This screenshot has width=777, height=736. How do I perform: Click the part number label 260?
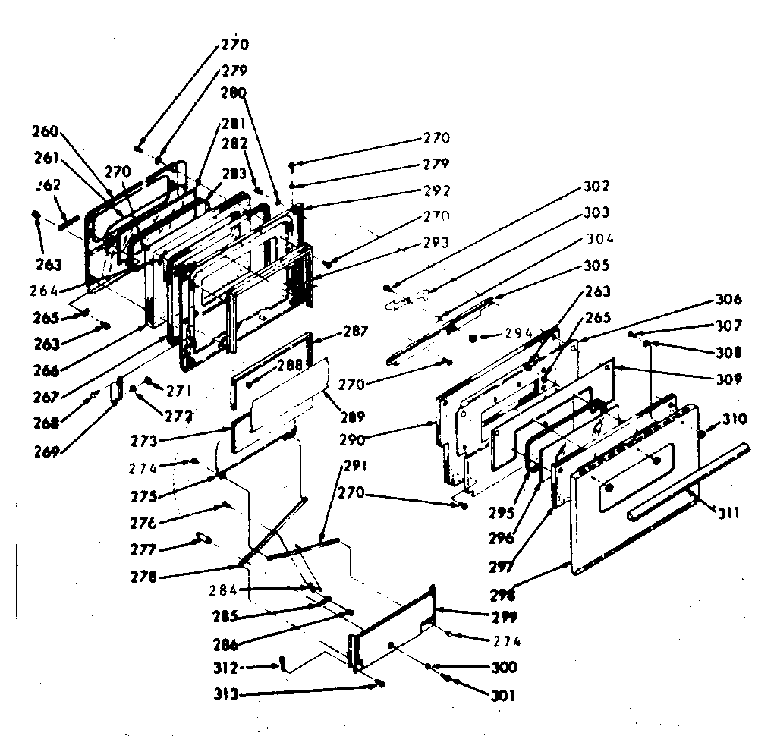point(45,130)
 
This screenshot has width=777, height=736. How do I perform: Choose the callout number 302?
point(596,186)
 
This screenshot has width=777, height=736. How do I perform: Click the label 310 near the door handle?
point(734,419)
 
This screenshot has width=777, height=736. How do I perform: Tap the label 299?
point(504,616)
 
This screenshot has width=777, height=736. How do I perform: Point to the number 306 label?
point(728,300)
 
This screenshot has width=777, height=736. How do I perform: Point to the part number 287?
point(355,332)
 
